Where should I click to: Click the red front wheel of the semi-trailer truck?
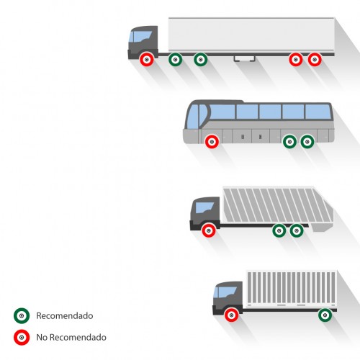147,59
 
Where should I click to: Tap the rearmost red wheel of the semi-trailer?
315,59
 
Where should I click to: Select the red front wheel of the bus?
212,142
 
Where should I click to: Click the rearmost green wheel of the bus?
307,142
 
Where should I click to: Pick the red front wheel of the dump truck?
209,230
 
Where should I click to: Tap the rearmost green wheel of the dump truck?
297,230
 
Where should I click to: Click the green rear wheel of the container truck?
325,315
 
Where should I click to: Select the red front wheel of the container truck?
231,315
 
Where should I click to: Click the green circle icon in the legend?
22,315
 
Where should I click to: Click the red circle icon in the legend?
22,337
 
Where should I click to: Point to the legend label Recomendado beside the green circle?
65,315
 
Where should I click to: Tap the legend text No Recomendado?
71,337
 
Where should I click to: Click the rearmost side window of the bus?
318,112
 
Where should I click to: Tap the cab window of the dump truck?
204,207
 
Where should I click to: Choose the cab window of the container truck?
225,292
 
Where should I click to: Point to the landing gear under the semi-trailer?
245,59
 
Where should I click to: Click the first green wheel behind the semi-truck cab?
175,59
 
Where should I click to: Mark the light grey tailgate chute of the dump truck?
322,228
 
